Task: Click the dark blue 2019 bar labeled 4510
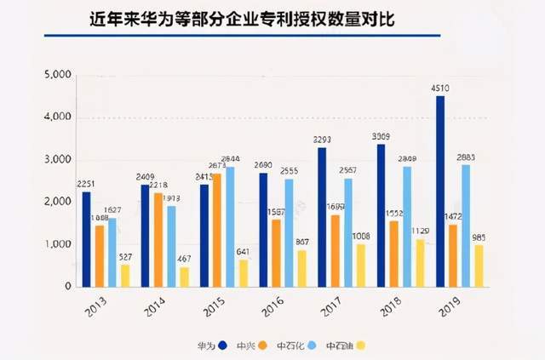coord(439,191)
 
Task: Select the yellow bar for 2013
coord(125,276)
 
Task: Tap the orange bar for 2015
coord(216,230)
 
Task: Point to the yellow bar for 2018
coord(419,263)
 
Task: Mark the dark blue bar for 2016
coord(264,230)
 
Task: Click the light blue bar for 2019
coord(465,226)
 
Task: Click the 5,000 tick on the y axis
coord(57,75)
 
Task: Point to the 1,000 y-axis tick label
coord(57,245)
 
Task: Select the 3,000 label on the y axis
coord(57,160)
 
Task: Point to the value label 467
coord(184,259)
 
